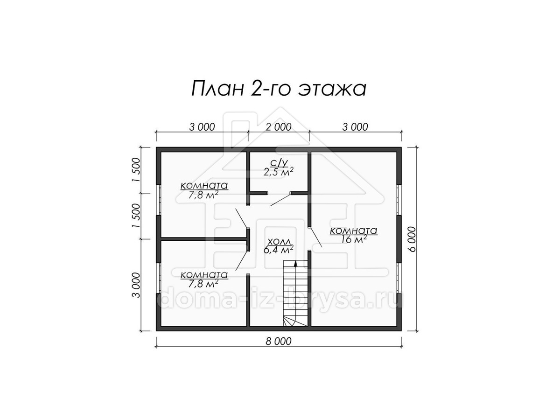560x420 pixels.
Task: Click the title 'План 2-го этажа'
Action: pyautogui.click(x=279, y=89)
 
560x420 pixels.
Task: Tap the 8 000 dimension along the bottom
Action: pyautogui.click(x=278, y=341)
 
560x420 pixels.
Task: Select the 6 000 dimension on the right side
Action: pyautogui.click(x=412, y=239)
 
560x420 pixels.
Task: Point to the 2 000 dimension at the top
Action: pyautogui.click(x=278, y=127)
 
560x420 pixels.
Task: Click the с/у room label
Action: pyautogui.click(x=279, y=162)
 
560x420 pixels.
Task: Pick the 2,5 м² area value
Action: pyautogui.click(x=278, y=172)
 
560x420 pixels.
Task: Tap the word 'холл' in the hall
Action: pyautogui.click(x=279, y=241)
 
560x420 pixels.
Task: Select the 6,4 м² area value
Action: pyautogui.click(x=278, y=249)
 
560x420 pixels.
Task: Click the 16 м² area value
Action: pyautogui.click(x=353, y=239)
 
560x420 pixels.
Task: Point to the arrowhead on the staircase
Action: pyautogui.click(x=296, y=263)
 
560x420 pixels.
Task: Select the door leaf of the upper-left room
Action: pyautogui.click(x=241, y=218)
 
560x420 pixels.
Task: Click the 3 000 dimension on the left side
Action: pyautogui.click(x=136, y=285)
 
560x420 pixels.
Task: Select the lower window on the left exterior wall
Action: pyautogui.click(x=158, y=278)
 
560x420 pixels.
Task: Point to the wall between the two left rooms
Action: pyautogui.click(x=203, y=239)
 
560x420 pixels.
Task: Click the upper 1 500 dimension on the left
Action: pyautogui.click(x=136, y=169)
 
